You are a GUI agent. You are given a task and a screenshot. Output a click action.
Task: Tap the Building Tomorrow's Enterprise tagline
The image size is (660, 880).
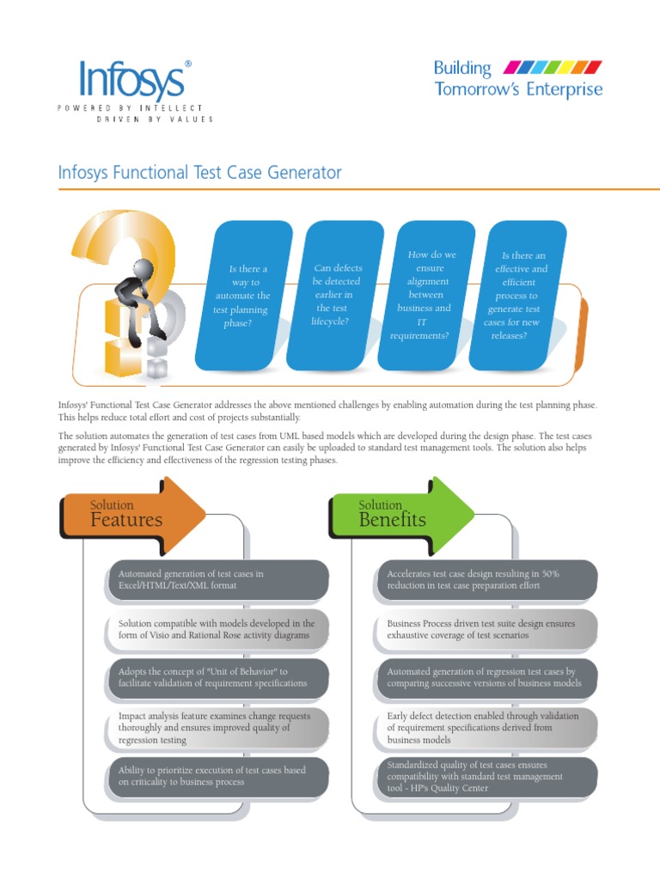click(517, 78)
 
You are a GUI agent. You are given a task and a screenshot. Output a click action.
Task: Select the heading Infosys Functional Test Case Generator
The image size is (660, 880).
click(199, 173)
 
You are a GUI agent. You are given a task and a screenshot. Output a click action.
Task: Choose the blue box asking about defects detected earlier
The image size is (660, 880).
click(335, 295)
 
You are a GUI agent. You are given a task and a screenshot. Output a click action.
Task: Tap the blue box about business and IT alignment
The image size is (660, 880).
click(425, 295)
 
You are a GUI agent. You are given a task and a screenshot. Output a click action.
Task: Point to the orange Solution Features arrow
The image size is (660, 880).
click(133, 515)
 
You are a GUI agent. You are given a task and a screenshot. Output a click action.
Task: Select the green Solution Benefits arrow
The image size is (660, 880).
click(401, 515)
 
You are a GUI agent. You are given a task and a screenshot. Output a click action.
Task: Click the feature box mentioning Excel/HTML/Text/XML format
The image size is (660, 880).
click(218, 579)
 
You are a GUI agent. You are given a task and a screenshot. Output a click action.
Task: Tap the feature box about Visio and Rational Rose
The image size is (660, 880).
click(218, 629)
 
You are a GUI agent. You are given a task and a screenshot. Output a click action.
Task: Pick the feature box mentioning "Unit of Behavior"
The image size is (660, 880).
click(218, 678)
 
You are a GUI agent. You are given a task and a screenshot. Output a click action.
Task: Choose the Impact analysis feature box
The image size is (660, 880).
click(218, 727)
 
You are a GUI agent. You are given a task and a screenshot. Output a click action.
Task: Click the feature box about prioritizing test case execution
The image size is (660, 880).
click(218, 776)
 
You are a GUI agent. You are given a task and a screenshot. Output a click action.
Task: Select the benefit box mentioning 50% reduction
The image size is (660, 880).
click(486, 579)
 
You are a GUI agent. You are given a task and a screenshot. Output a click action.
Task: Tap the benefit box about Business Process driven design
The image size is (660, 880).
click(486, 629)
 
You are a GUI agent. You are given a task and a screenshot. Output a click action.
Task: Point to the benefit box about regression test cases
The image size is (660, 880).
click(486, 678)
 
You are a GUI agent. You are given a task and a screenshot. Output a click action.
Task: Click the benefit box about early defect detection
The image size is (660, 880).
click(486, 727)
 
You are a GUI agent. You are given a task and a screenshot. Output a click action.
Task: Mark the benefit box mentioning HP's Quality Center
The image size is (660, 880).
click(486, 776)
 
